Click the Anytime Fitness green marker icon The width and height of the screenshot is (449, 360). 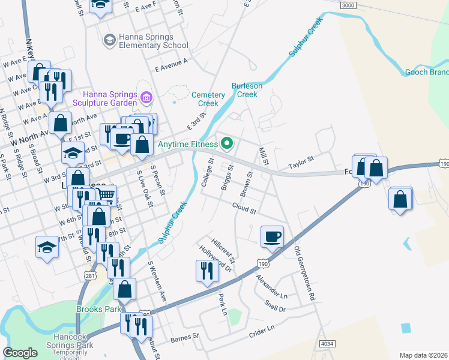pyautogui.click(x=226, y=143)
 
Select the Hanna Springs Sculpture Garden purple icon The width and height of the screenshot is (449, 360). pyautogui.click(x=146, y=97)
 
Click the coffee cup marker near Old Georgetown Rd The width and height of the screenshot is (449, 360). pyautogui.click(x=272, y=236)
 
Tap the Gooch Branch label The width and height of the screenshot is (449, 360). pyautogui.click(x=426, y=72)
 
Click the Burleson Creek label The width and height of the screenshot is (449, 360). pyautogui.click(x=247, y=90)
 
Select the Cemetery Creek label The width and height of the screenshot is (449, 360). pyautogui.click(x=208, y=99)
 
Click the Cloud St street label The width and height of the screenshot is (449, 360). pyautogui.click(x=245, y=208)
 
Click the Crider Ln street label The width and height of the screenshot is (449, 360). pyautogui.click(x=261, y=330)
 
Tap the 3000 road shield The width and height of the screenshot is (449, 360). pyautogui.click(x=347, y=5)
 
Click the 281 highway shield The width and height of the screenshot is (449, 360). pyautogui.click(x=90, y=275)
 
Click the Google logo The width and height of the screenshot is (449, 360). pyautogui.click(x=20, y=353)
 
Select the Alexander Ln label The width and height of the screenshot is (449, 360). pyautogui.click(x=273, y=287)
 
